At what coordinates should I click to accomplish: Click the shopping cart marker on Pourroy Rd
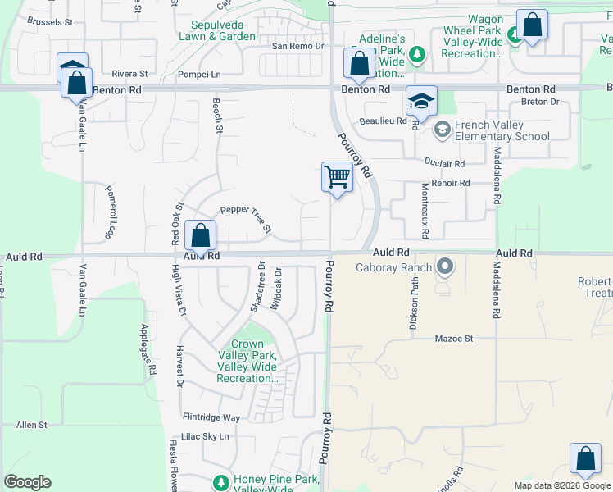click(337, 176)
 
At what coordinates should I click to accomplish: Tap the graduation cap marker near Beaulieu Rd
click(421, 101)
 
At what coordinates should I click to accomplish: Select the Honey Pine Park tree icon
click(220, 481)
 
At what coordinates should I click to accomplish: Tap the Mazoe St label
click(454, 338)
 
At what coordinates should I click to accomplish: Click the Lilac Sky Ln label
click(205, 436)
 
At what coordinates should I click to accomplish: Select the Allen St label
click(32, 425)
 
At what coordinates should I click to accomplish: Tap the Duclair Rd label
click(445, 163)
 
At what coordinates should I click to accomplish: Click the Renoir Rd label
click(452, 183)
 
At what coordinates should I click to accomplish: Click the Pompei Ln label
click(199, 74)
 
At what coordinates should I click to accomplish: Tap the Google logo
click(27, 482)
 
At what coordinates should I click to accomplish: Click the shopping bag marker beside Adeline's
click(358, 62)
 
